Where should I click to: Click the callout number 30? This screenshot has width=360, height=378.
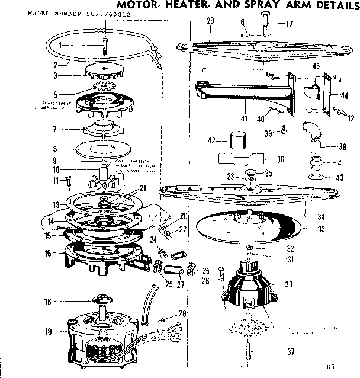click(290, 284)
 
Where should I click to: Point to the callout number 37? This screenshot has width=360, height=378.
click(291, 352)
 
